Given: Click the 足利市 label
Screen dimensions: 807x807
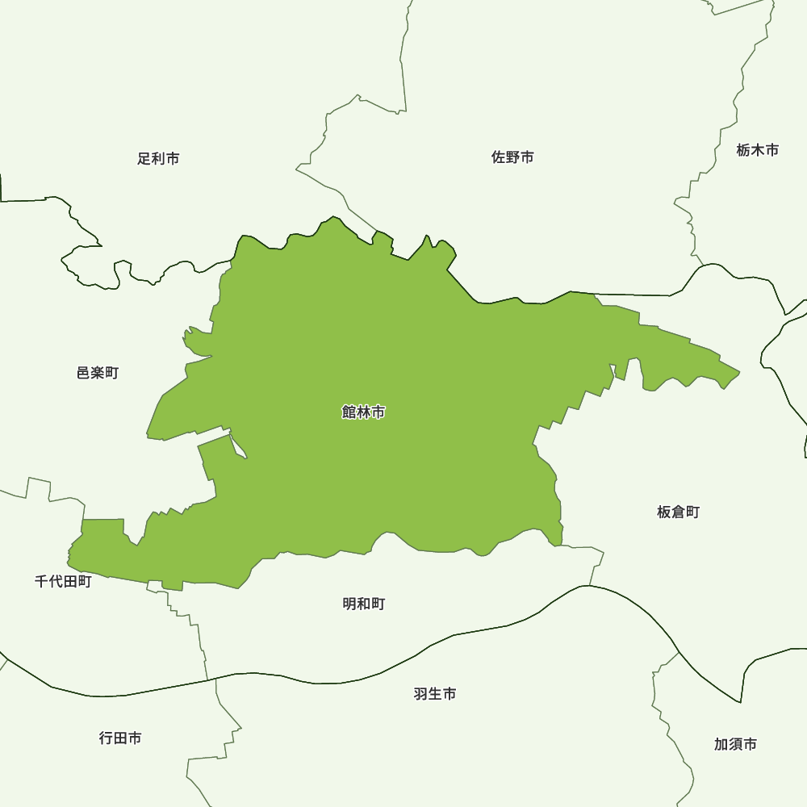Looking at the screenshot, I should coord(158,158).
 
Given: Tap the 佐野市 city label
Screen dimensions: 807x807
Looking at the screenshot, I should coord(512,157).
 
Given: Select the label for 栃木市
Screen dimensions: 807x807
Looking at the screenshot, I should coord(758,150).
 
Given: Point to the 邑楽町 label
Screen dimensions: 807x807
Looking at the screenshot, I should coord(98,373).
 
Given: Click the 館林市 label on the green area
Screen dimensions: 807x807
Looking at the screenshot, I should coord(363,412).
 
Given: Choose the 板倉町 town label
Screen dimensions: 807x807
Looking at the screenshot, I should coord(678,512).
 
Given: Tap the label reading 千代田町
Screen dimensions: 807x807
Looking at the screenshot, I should coord(63,581).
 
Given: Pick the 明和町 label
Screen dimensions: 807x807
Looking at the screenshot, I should coord(363,604).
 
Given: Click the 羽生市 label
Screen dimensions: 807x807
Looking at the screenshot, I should coord(435,694).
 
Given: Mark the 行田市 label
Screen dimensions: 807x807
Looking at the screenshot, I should coord(120,738).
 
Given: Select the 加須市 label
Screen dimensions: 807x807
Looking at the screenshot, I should coord(735,744).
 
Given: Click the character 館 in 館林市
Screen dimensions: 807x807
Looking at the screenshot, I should coord(349,412).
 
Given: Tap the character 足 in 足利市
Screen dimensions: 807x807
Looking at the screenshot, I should coord(144,158).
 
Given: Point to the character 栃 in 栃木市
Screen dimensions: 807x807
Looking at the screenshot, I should coord(743,150).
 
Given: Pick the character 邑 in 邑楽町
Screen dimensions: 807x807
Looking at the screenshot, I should coord(84,373).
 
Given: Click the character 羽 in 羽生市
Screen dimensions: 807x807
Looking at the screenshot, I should coord(420,694).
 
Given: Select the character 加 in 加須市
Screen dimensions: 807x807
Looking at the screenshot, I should coord(721,744).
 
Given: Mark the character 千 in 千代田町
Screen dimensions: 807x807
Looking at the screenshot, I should coord(42,581).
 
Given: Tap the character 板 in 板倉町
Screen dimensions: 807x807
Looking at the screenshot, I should coord(664,512).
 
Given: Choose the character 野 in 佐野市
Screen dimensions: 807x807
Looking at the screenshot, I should coord(512,157).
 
